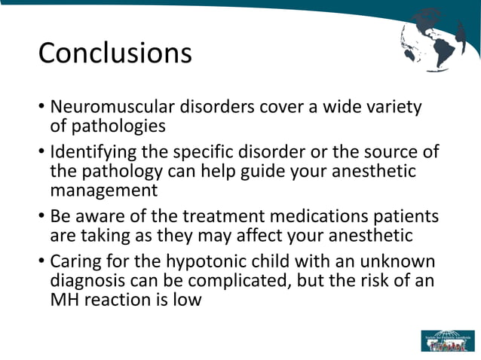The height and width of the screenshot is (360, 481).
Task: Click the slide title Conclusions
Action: coord(115,53)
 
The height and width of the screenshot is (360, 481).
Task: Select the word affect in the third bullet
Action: coord(268,236)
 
